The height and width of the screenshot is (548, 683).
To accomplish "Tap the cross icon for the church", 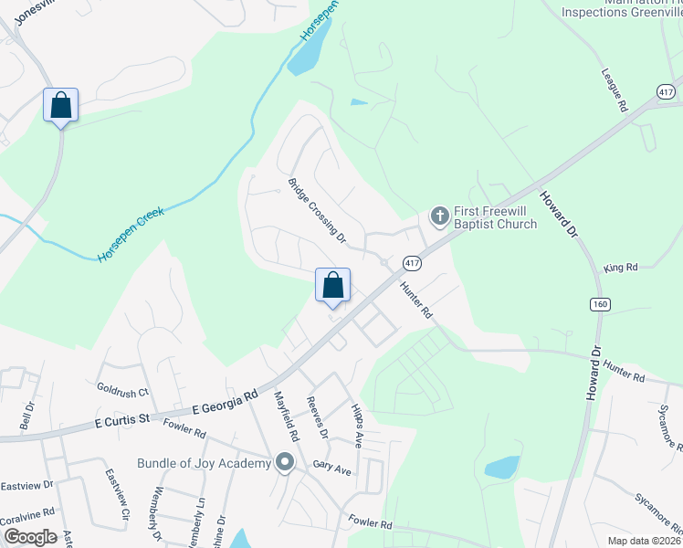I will click(439, 216).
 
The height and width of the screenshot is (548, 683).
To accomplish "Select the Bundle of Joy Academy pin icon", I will click(285, 463).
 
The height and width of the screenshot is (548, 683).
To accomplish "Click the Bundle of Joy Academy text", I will click(204, 463).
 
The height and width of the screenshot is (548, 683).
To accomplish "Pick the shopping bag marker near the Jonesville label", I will click(60, 105).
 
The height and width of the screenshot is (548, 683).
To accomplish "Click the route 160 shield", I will click(598, 304).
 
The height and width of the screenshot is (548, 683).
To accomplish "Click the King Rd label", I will click(620, 268).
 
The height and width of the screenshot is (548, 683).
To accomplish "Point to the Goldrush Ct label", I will click(122, 393).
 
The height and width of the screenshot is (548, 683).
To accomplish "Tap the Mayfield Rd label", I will click(286, 411).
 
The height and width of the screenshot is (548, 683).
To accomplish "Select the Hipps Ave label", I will click(357, 425).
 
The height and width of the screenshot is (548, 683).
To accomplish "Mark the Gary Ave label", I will click(331, 469).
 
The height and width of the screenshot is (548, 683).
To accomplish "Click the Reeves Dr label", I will click(318, 416).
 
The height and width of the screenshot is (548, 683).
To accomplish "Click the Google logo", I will click(30, 536).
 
